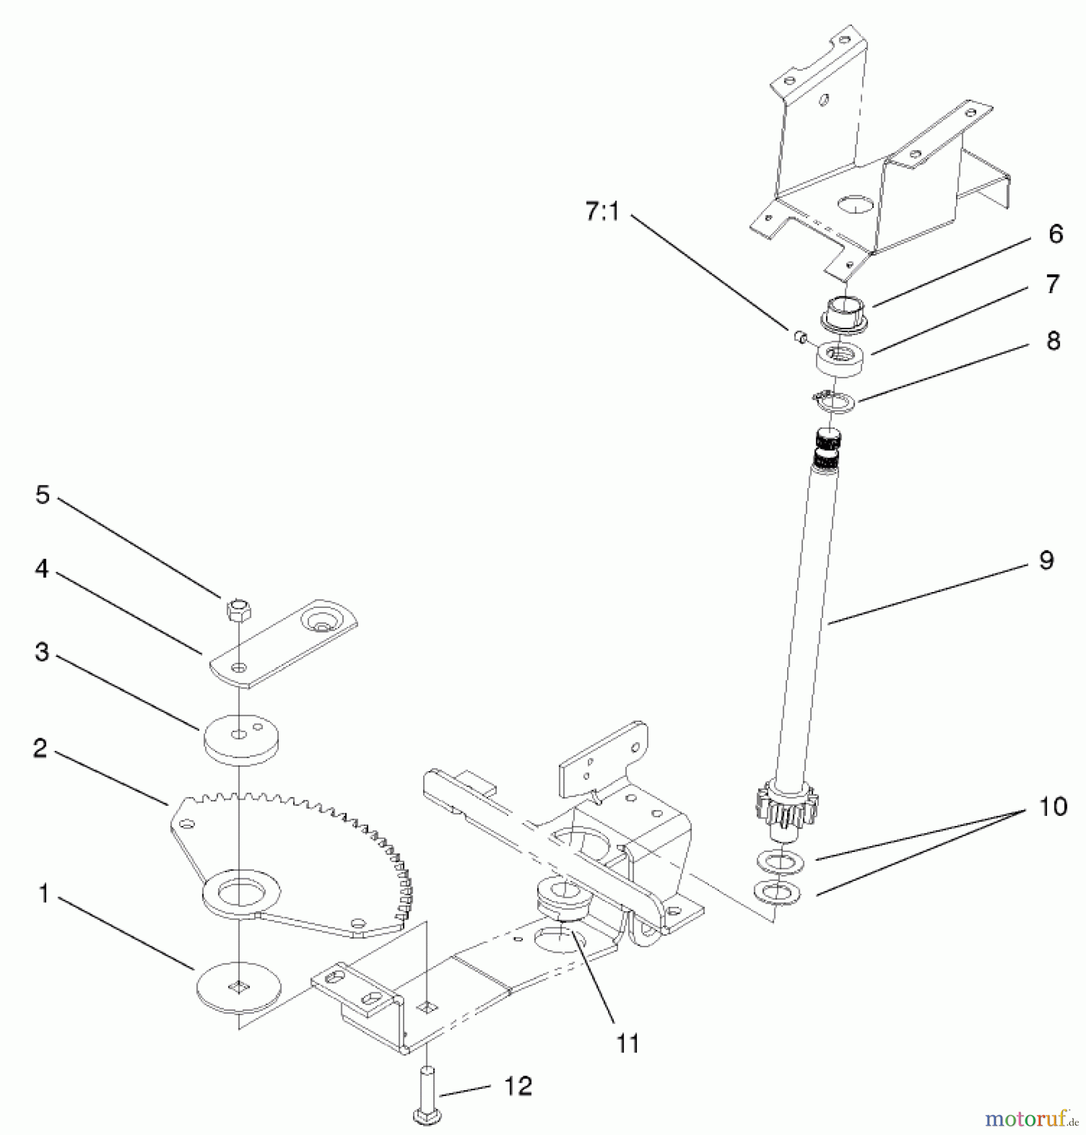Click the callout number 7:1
click(602, 212)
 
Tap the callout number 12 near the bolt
click(518, 1086)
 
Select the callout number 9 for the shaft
click(1046, 560)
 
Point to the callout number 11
click(628, 1044)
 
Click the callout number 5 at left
click(42, 495)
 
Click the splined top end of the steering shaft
click(828, 448)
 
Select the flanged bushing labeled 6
click(845, 313)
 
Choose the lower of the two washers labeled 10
click(777, 892)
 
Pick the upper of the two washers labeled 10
click(779, 859)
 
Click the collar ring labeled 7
click(840, 359)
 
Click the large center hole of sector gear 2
click(240, 891)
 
